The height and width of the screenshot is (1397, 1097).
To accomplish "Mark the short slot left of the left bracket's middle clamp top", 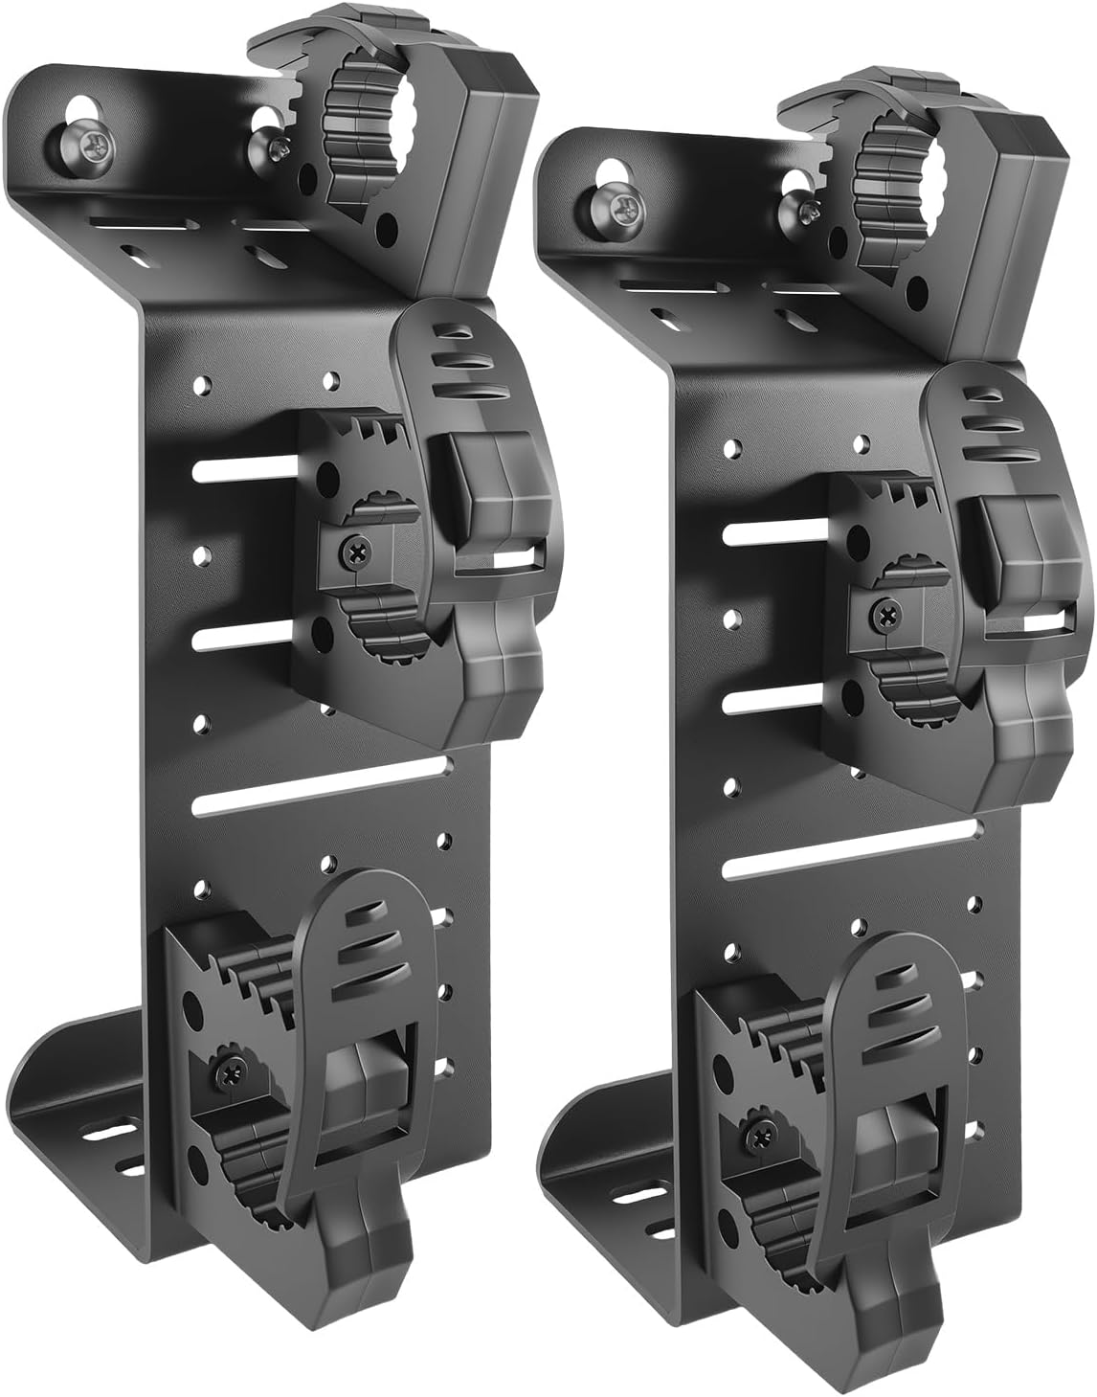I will click(245, 469).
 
